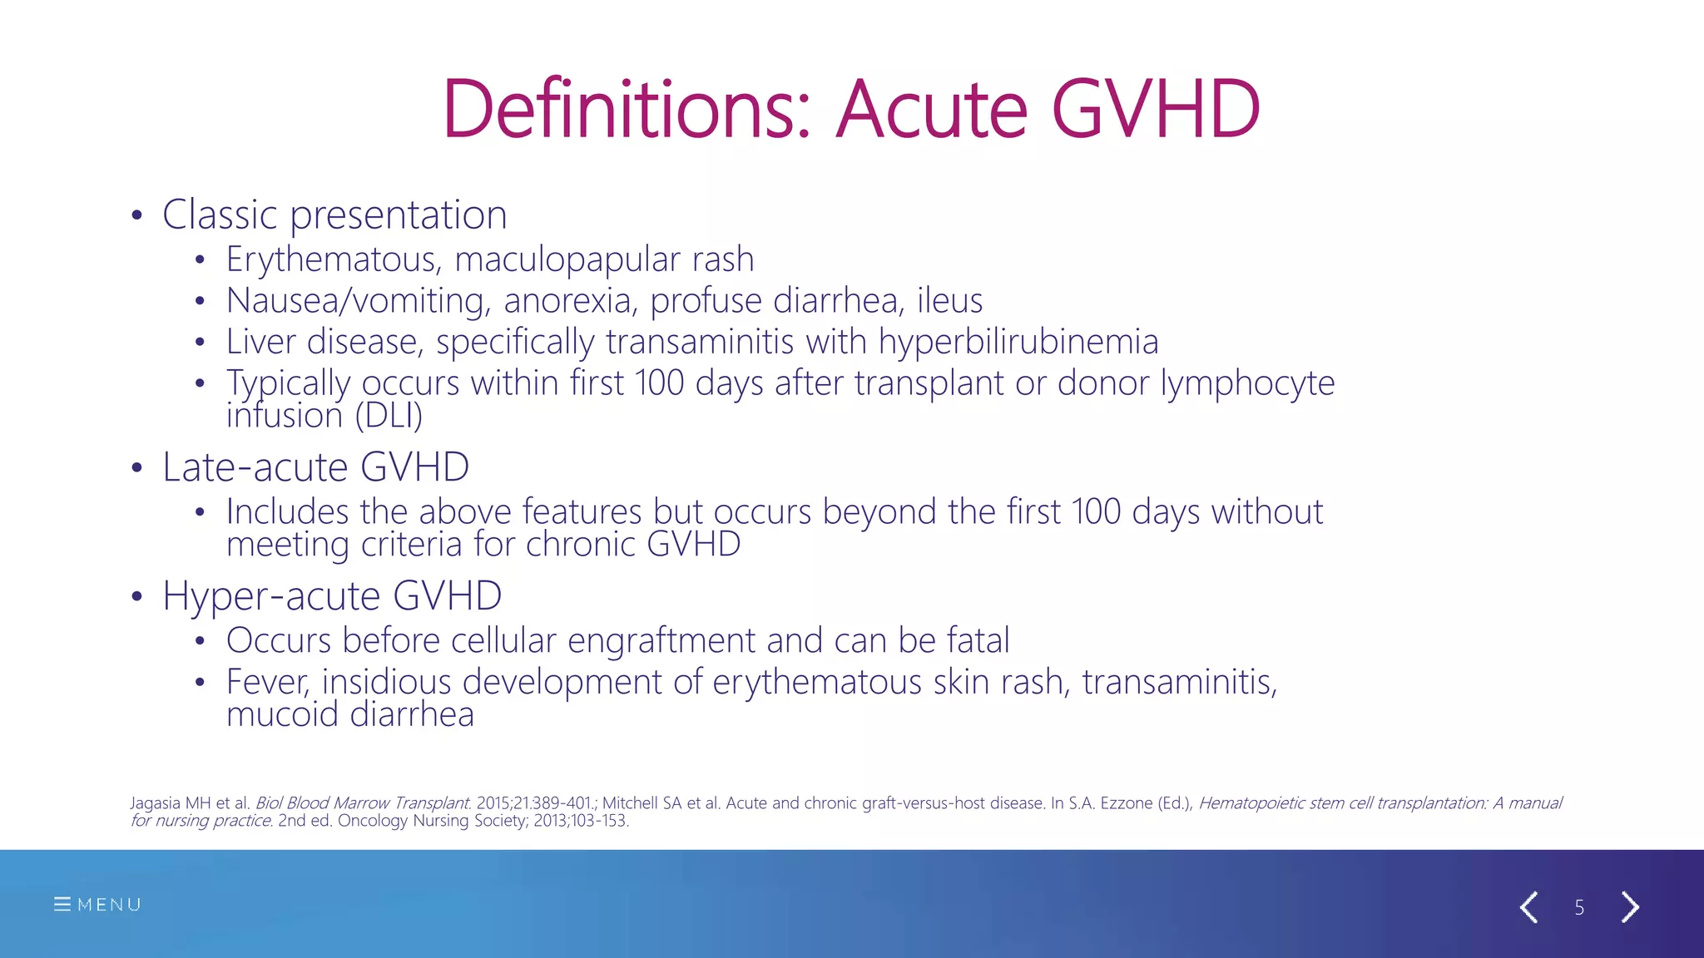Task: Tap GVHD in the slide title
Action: point(1156,109)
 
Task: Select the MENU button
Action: point(97,904)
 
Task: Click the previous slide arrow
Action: point(1528,906)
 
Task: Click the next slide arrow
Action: point(1630,906)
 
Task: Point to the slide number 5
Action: point(1579,907)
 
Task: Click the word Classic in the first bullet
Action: point(220,215)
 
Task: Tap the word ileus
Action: point(949,300)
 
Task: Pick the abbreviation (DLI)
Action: point(389,415)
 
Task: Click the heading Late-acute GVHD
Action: point(315,467)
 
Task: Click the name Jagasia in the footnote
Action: point(155,802)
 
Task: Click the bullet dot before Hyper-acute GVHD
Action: point(137,596)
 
